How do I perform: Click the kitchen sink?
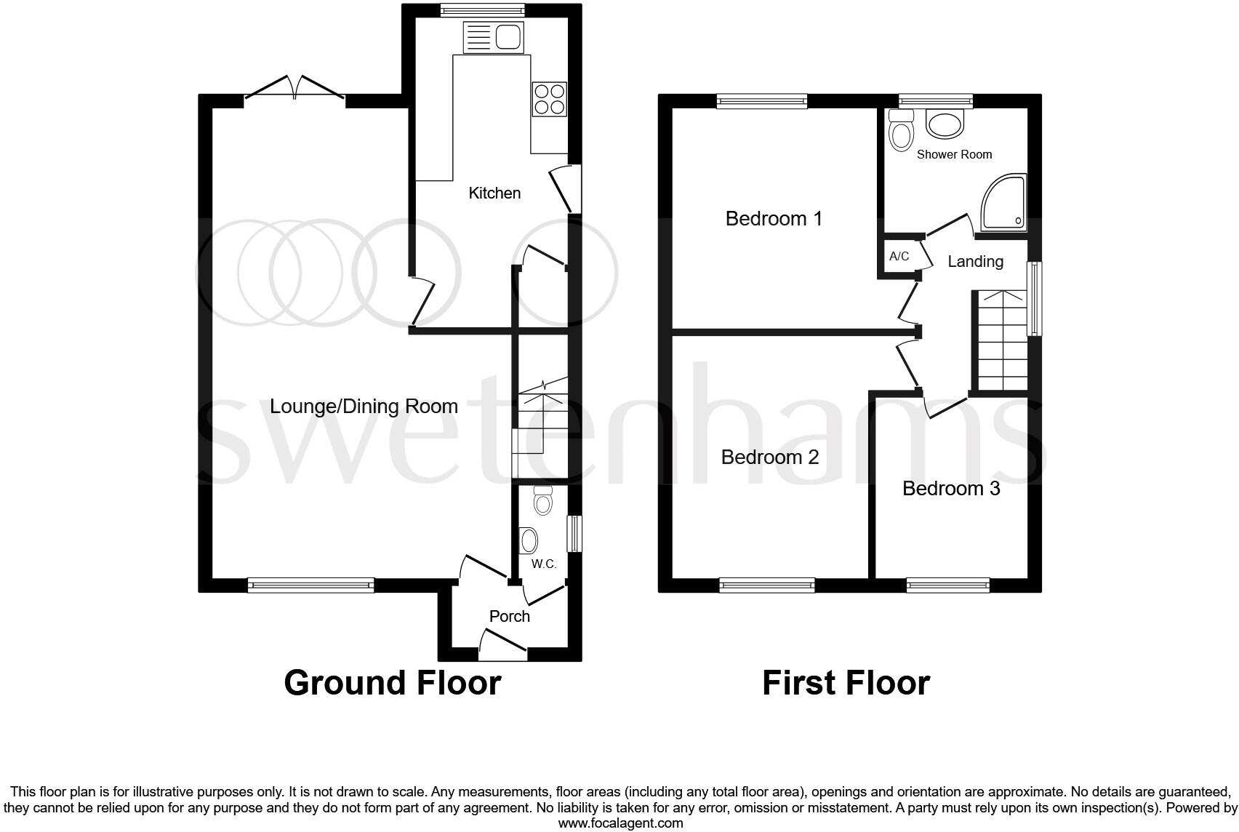(x=494, y=36)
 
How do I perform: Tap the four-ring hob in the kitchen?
(x=550, y=99)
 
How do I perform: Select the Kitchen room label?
(x=494, y=193)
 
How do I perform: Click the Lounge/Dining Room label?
(x=364, y=406)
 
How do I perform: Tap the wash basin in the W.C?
(x=530, y=540)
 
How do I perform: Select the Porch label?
(x=509, y=616)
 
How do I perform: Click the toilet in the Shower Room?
(x=902, y=131)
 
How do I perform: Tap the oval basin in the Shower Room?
(x=945, y=124)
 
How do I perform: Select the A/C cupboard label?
(x=899, y=256)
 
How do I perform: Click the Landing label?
(x=975, y=261)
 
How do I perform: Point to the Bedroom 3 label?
(x=951, y=488)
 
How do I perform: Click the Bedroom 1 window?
(x=762, y=101)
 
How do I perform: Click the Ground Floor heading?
(x=392, y=683)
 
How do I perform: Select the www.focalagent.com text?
(x=620, y=823)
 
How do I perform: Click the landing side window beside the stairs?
(x=1034, y=298)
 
